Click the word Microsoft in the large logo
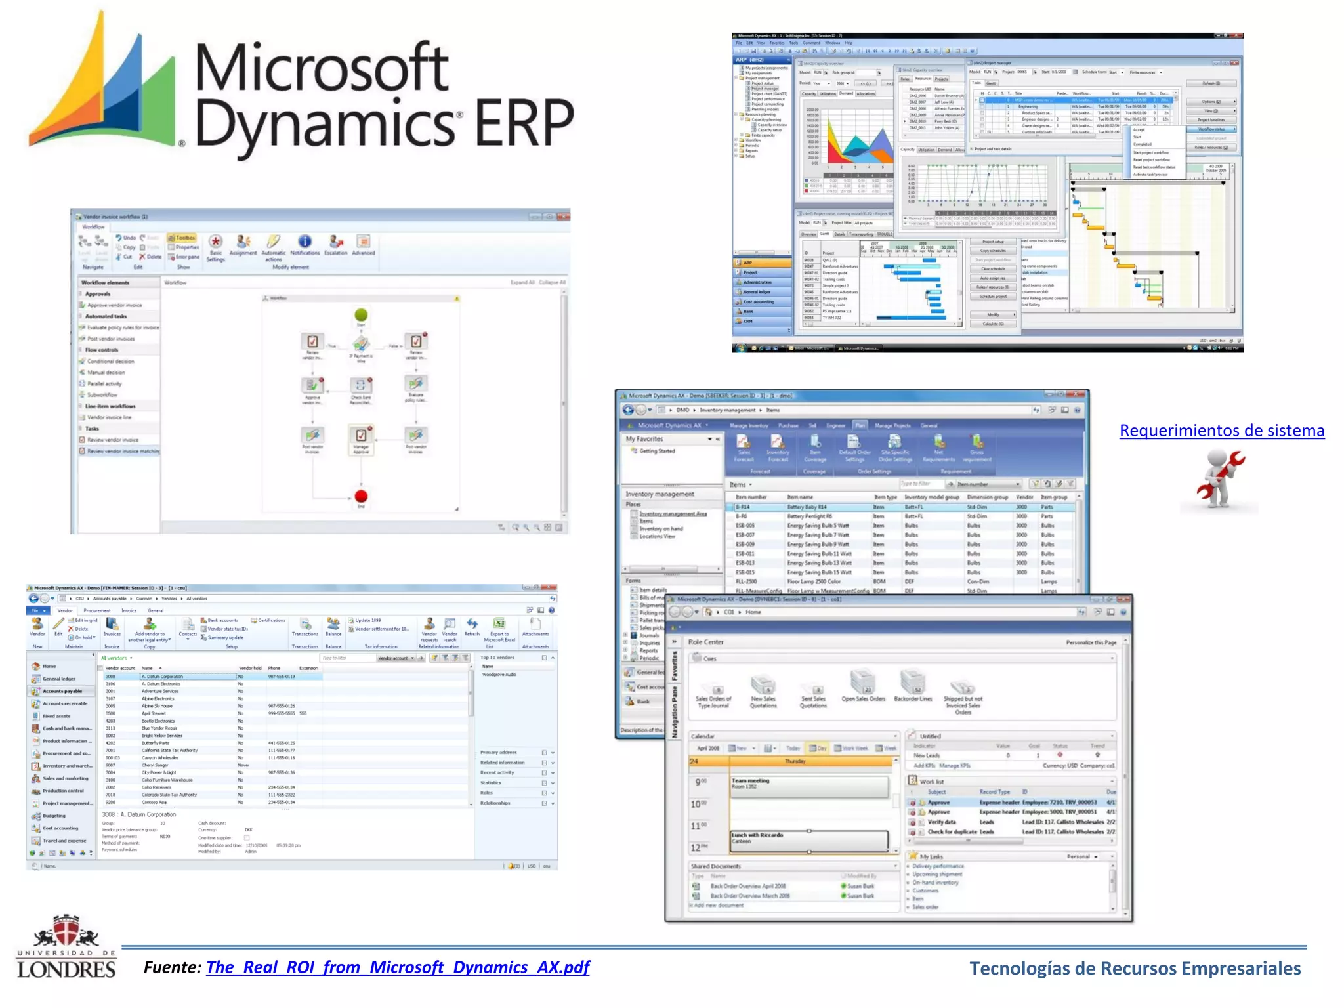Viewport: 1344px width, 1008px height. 322,67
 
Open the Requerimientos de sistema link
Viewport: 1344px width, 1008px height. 1221,430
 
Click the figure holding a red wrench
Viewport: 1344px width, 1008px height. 1219,478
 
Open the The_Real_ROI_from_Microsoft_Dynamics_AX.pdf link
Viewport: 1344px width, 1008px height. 398,967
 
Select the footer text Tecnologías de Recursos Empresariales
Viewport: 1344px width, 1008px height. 1135,969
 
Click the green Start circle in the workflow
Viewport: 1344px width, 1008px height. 361,316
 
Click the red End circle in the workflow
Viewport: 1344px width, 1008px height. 361,496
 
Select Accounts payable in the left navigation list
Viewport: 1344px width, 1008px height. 62,691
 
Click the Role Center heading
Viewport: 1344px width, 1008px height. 705,642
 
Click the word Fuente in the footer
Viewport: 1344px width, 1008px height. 172,967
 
